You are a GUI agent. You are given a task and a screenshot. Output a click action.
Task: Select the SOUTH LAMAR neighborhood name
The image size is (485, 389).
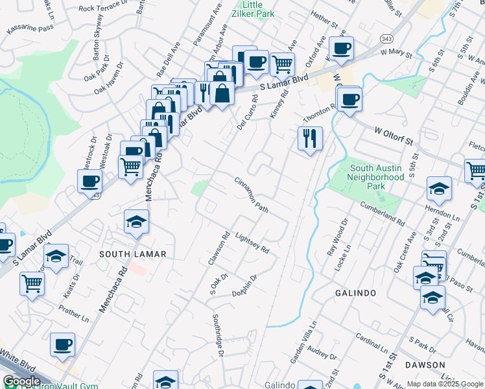pos(133,253)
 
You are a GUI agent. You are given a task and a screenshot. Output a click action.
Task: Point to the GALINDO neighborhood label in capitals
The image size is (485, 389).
pos(355,293)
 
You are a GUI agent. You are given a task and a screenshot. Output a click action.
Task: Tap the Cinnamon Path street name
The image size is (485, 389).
pos(252,194)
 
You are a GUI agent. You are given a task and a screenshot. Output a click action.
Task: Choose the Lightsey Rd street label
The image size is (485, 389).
pos(252,244)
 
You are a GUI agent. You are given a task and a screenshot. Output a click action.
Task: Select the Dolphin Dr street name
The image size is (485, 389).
pos(246,286)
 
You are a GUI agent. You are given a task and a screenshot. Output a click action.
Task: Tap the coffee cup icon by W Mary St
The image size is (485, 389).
pos(341,47)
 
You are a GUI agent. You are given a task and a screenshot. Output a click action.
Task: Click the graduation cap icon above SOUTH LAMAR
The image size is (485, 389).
pos(137,221)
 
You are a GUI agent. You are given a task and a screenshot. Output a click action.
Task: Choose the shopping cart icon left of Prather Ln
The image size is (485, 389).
pos(32,283)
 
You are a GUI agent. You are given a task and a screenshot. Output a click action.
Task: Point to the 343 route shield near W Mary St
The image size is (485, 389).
pos(386,39)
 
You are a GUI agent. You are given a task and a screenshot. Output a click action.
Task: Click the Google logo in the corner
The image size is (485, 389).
pos(21,381)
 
